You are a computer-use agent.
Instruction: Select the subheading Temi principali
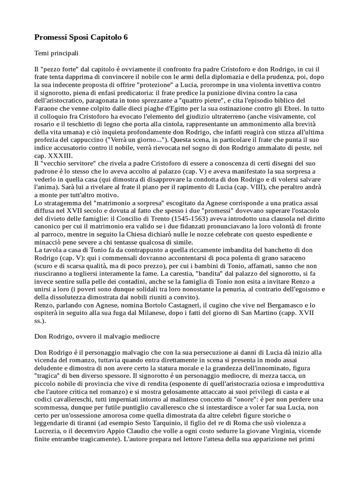click(56, 53)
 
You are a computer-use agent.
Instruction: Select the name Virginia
click(285, 432)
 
